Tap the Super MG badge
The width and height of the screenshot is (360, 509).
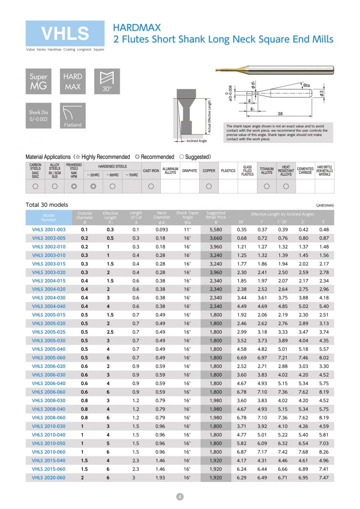(x=38, y=81)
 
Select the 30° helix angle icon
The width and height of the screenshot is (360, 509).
(x=107, y=81)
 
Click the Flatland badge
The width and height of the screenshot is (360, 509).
(x=73, y=116)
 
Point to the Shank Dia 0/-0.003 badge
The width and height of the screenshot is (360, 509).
(x=38, y=116)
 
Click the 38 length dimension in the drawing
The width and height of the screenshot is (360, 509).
(x=280, y=114)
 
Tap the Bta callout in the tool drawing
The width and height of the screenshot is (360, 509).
(x=307, y=86)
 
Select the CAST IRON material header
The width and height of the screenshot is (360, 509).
(x=151, y=171)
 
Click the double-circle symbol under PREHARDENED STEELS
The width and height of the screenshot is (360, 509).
(x=74, y=186)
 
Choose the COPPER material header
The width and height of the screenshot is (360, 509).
(x=209, y=171)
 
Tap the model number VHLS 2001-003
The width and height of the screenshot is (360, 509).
(x=49, y=229)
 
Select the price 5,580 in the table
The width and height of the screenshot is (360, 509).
(x=216, y=229)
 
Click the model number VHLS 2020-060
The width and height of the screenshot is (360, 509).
(x=49, y=478)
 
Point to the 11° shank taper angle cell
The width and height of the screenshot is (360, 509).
(x=187, y=229)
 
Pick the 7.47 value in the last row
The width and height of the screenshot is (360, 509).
(x=324, y=478)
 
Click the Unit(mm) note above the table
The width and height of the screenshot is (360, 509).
(x=325, y=205)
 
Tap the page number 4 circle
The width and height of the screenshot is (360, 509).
(x=180, y=497)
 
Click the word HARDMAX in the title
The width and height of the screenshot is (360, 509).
(x=137, y=28)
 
